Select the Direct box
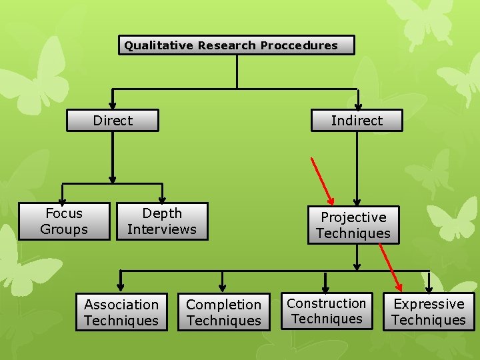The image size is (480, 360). click(113, 121)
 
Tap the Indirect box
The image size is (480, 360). click(357, 121)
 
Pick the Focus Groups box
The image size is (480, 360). click(64, 221)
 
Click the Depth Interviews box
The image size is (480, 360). click(162, 221)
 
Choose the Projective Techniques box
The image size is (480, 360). click(353, 225)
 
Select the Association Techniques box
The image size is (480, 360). click(121, 312)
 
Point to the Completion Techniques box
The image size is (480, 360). click(224, 312)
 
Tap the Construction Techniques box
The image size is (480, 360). click(327, 311)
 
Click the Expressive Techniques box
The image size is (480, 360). click(429, 311)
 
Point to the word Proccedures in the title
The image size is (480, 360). click(299, 45)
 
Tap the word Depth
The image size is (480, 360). click(162, 213)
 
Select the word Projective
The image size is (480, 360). click(353, 217)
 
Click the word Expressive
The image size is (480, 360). click(429, 304)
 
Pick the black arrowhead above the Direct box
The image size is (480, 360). click(113, 105)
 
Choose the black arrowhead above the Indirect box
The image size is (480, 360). click(358, 105)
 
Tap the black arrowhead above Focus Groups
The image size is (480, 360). click(63, 199)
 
